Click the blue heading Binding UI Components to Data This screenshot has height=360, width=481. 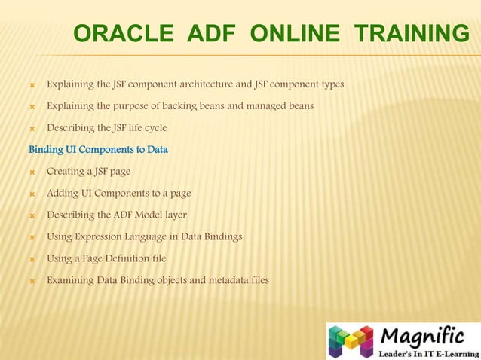pyautogui.click(x=98, y=149)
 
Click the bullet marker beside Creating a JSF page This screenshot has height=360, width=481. pyautogui.click(x=32, y=172)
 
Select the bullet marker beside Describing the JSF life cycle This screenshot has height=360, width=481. pyautogui.click(x=32, y=128)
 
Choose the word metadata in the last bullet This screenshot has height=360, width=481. pyautogui.click(x=219, y=280)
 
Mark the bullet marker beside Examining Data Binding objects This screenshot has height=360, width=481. pyautogui.click(x=32, y=281)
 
